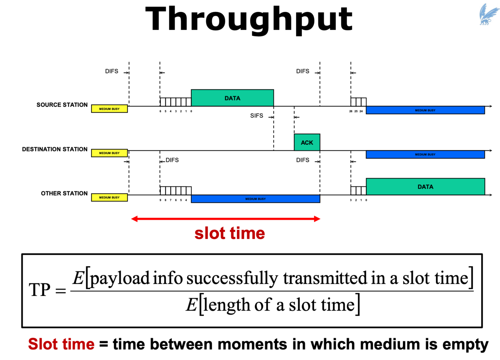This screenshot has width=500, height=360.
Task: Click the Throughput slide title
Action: point(249,19)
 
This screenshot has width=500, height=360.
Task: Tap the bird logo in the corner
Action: point(489,15)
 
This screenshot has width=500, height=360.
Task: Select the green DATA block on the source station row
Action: point(232,98)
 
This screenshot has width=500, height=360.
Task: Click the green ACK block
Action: point(307,142)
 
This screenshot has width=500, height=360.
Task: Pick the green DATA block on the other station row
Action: point(425,187)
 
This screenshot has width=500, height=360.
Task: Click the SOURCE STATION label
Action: point(62,105)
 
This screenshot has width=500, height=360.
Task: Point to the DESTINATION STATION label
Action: point(55,149)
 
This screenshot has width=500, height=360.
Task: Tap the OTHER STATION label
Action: point(64,193)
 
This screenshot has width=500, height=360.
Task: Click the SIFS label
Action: point(257,116)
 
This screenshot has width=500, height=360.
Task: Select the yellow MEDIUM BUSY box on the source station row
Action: point(109,109)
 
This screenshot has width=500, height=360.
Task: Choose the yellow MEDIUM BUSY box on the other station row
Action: point(109,197)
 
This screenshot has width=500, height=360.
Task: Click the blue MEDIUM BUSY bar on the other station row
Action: point(256,199)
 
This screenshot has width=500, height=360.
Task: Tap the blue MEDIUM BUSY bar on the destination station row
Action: point(425,154)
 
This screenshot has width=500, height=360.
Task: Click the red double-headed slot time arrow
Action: point(226,219)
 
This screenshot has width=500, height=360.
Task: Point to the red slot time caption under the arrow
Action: point(229,234)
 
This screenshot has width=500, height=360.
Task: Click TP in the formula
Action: point(39,290)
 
